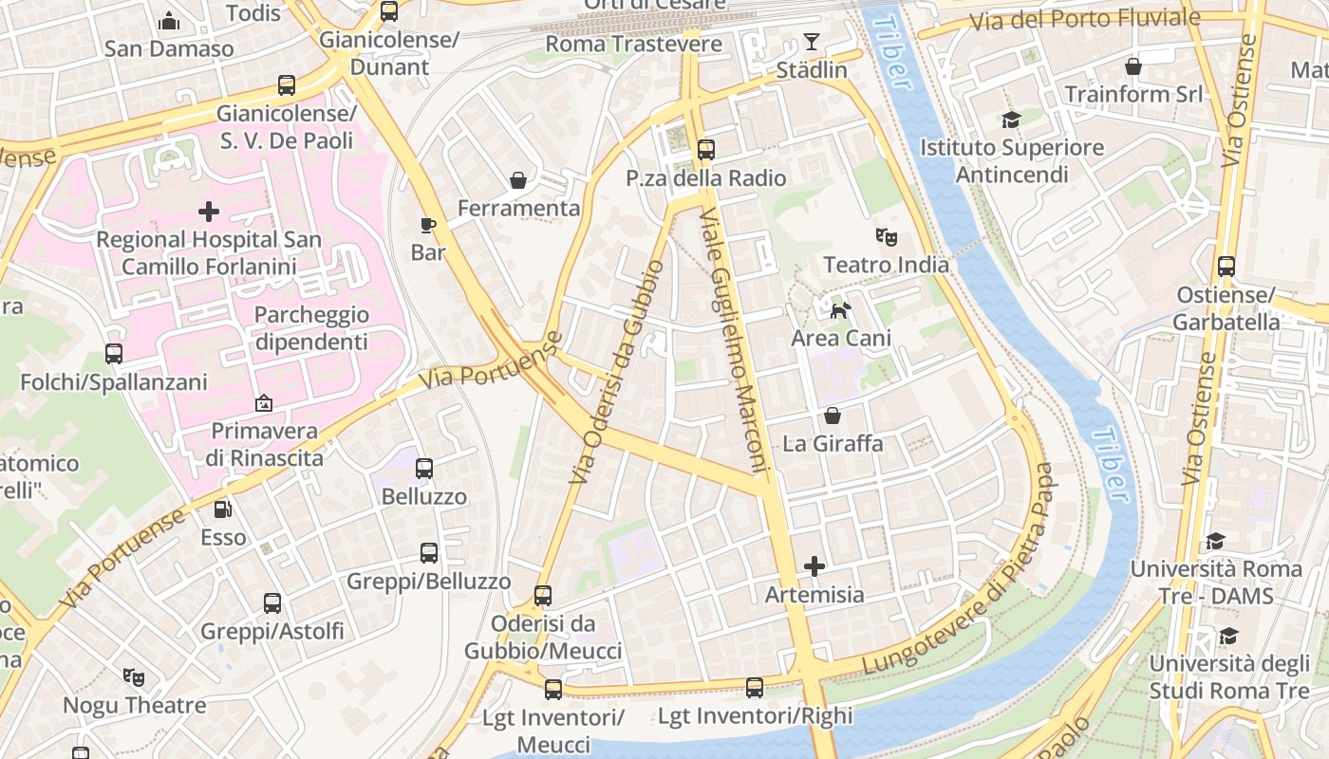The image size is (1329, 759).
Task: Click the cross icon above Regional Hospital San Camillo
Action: coord(209,211)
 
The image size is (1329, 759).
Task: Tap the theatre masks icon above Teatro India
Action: coord(886,236)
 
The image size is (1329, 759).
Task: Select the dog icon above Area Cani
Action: coord(840,309)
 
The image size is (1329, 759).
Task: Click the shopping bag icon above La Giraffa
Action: coord(833,416)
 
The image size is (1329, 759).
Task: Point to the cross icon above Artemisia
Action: coord(814,566)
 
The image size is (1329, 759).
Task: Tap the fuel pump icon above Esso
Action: coord(222,509)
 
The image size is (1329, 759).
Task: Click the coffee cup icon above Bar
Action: coord(428,225)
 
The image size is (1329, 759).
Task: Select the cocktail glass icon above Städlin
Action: coord(811,42)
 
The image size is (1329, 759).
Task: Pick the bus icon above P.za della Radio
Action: coord(705,150)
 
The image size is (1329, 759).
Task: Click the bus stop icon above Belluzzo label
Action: coord(424,469)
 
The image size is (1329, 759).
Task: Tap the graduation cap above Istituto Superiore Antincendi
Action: coord(1011,120)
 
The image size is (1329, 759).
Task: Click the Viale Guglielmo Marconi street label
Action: coord(732,342)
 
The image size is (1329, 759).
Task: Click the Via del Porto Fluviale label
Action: coord(1084,19)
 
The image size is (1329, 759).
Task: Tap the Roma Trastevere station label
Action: coord(633,44)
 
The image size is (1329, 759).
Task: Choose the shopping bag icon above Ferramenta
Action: coord(518,179)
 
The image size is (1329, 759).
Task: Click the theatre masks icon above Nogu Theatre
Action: coord(134,677)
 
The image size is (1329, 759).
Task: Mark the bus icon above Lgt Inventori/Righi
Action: coord(755,688)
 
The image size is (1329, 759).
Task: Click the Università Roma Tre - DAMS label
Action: coord(1215,582)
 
